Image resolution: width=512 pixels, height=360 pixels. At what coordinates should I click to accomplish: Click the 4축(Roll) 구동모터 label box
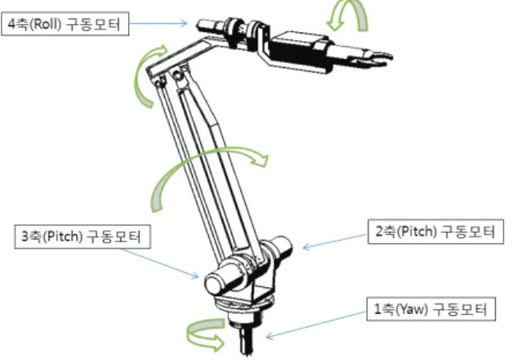coord(65,24)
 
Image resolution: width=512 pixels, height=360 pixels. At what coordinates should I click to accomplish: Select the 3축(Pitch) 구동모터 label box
coord(83,237)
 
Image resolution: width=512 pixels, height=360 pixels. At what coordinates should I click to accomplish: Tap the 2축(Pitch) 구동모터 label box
coord(436,232)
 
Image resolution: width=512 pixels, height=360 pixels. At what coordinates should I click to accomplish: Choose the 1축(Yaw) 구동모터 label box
coord(431,309)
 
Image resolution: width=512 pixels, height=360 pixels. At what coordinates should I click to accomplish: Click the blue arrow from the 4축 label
coord(158,23)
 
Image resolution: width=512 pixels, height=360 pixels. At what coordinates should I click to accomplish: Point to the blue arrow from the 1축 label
coord(316,325)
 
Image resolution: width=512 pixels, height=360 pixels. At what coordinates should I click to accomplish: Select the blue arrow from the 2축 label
coord(335,241)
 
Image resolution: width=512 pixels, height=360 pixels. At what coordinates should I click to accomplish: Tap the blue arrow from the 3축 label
coord(160,264)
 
